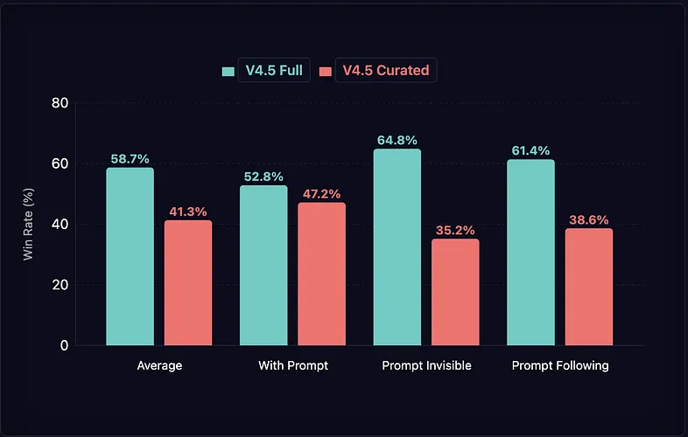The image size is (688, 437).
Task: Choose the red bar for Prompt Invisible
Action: pos(455,292)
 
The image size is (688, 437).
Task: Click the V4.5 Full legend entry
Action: pos(263,71)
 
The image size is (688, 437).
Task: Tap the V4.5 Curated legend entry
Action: pos(376,71)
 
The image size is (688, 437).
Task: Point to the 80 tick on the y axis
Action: pos(60,103)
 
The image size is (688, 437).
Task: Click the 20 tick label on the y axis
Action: pos(60,285)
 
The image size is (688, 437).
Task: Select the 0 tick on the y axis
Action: pos(64,345)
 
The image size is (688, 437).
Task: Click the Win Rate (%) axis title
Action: pos(28,224)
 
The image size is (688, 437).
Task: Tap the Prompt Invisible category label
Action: pos(426,365)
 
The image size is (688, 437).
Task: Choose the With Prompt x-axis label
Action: pos(293,365)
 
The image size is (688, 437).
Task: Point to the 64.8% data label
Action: pos(397,140)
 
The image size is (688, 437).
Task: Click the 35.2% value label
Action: pos(455,231)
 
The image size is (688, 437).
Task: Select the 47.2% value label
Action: pos(321,194)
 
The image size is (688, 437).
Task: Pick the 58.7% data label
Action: pos(130,159)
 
